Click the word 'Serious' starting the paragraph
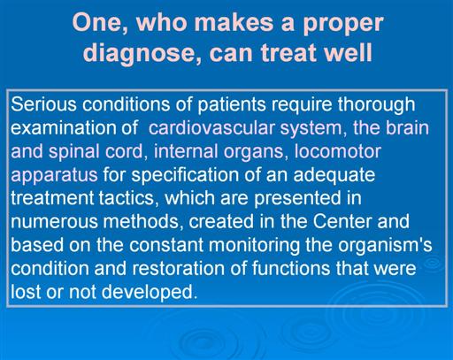[x=43, y=104]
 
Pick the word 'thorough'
[x=376, y=105]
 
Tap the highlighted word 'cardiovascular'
[x=211, y=128]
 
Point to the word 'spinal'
[x=73, y=153]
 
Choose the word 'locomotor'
[x=337, y=151]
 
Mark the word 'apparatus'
[x=54, y=176]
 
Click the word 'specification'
[x=185, y=176]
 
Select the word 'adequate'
[x=334, y=176]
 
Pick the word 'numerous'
[x=54, y=222]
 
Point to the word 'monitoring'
[x=254, y=246]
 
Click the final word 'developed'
[x=150, y=293]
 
